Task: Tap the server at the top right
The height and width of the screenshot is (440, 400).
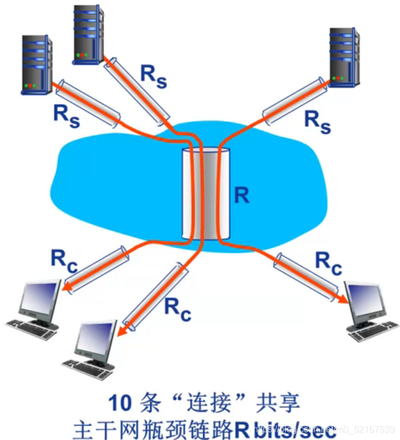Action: (x=344, y=57)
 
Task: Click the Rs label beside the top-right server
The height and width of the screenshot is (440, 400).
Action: (x=317, y=121)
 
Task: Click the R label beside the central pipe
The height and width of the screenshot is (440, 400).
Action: (x=242, y=195)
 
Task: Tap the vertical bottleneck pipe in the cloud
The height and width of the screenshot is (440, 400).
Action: (x=206, y=194)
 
